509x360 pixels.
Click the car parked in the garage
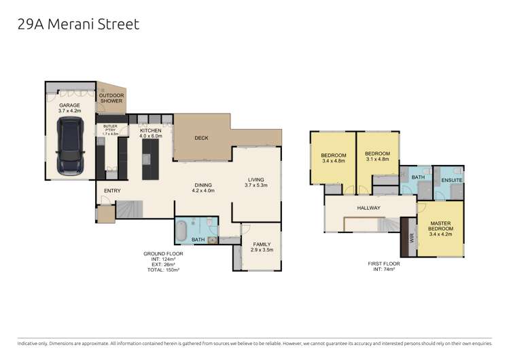(x=70, y=147)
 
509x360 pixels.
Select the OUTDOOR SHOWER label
(x=111, y=98)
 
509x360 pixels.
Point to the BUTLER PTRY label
(x=110, y=130)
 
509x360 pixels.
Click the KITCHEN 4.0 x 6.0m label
(x=150, y=132)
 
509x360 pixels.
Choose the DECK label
(x=201, y=138)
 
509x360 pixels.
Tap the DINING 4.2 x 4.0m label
(x=204, y=187)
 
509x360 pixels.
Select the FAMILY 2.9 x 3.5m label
(x=261, y=247)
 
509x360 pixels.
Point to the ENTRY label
(x=111, y=191)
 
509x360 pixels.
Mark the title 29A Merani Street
(x=78, y=24)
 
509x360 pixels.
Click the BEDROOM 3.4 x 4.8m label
(x=334, y=157)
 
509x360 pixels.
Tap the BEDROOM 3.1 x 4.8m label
(x=376, y=156)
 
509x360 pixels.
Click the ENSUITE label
(x=452, y=180)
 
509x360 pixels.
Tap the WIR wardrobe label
(x=411, y=238)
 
